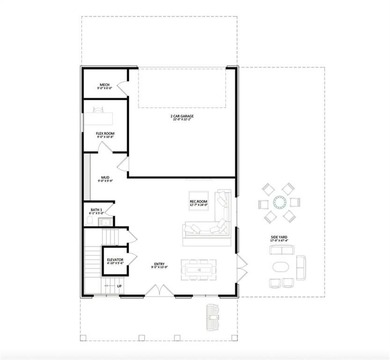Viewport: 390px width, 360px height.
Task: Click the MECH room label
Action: tap(104, 86)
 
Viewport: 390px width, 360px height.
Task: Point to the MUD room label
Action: tap(104, 180)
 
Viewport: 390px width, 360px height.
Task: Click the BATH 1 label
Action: tap(96, 211)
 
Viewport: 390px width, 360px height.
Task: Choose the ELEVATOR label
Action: tap(115, 259)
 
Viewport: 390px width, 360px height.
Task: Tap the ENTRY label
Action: tap(159, 266)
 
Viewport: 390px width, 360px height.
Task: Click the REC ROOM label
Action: tap(198, 203)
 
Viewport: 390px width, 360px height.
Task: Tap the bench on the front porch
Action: tap(211, 317)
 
